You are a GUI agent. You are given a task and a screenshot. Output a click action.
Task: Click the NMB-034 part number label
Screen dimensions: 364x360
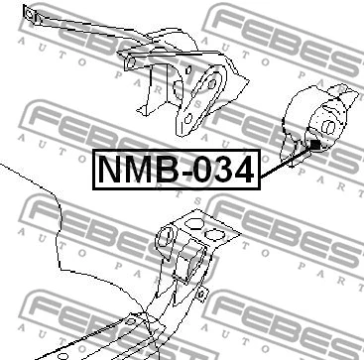coord(174,170)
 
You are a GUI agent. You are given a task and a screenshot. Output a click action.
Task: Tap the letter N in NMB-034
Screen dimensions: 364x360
coord(111,170)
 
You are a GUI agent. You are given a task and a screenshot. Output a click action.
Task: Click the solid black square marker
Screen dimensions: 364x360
coord(313,146)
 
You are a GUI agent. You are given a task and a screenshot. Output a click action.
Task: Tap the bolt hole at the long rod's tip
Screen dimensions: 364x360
coord(30,15)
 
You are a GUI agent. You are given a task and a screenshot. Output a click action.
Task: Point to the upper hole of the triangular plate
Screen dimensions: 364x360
coord(212,81)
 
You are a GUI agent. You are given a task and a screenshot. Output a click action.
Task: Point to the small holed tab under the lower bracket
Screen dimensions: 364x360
coord(201,294)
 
